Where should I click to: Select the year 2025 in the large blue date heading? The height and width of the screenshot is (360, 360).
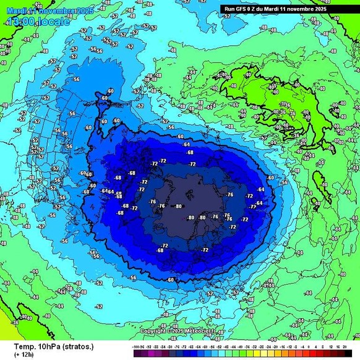click(x=85, y=11)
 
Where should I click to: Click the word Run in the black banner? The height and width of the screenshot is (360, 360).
click(x=229, y=9)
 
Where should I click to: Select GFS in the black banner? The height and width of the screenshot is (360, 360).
click(x=242, y=9)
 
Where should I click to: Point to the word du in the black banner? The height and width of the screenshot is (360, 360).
click(x=262, y=9)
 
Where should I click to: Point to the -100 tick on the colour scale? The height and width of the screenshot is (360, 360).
click(x=137, y=348)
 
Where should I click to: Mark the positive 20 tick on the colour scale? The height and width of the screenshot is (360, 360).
click(x=343, y=348)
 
